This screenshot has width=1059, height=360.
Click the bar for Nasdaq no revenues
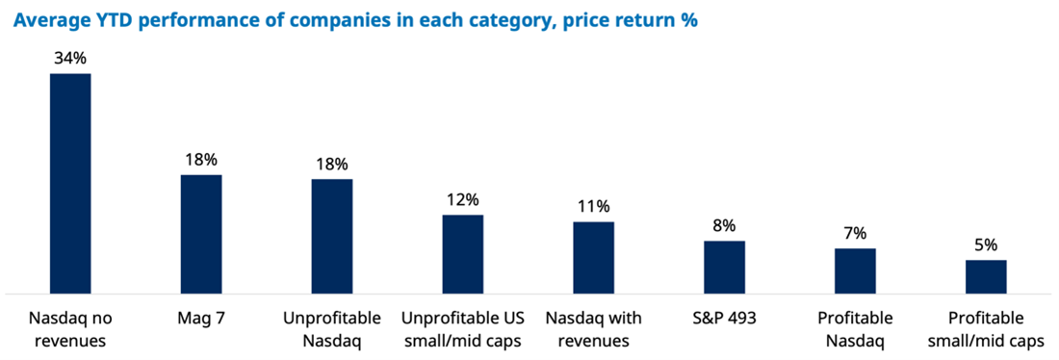click(70, 184)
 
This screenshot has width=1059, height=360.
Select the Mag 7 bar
click(201, 234)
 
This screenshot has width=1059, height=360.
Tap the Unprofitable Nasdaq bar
click(331, 237)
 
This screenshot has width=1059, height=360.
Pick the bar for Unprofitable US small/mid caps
click(463, 255)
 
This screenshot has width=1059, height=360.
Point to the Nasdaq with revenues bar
click(594, 258)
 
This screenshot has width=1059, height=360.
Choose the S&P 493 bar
click(725, 268)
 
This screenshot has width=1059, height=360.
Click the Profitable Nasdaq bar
click(855, 271)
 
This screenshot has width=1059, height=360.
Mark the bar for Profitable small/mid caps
click(986, 277)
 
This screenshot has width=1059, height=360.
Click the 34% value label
click(70, 59)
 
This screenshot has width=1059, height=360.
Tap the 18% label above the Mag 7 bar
click(201, 160)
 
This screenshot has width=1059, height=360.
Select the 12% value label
click(463, 200)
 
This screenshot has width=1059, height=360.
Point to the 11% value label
click(594, 207)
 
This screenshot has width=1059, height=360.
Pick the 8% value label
click(725, 225)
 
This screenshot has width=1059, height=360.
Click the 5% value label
click(986, 245)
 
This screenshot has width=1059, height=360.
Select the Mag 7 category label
click(201, 318)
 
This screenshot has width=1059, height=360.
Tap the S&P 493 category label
click(725, 318)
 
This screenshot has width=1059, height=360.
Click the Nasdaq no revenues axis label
click(70, 329)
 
